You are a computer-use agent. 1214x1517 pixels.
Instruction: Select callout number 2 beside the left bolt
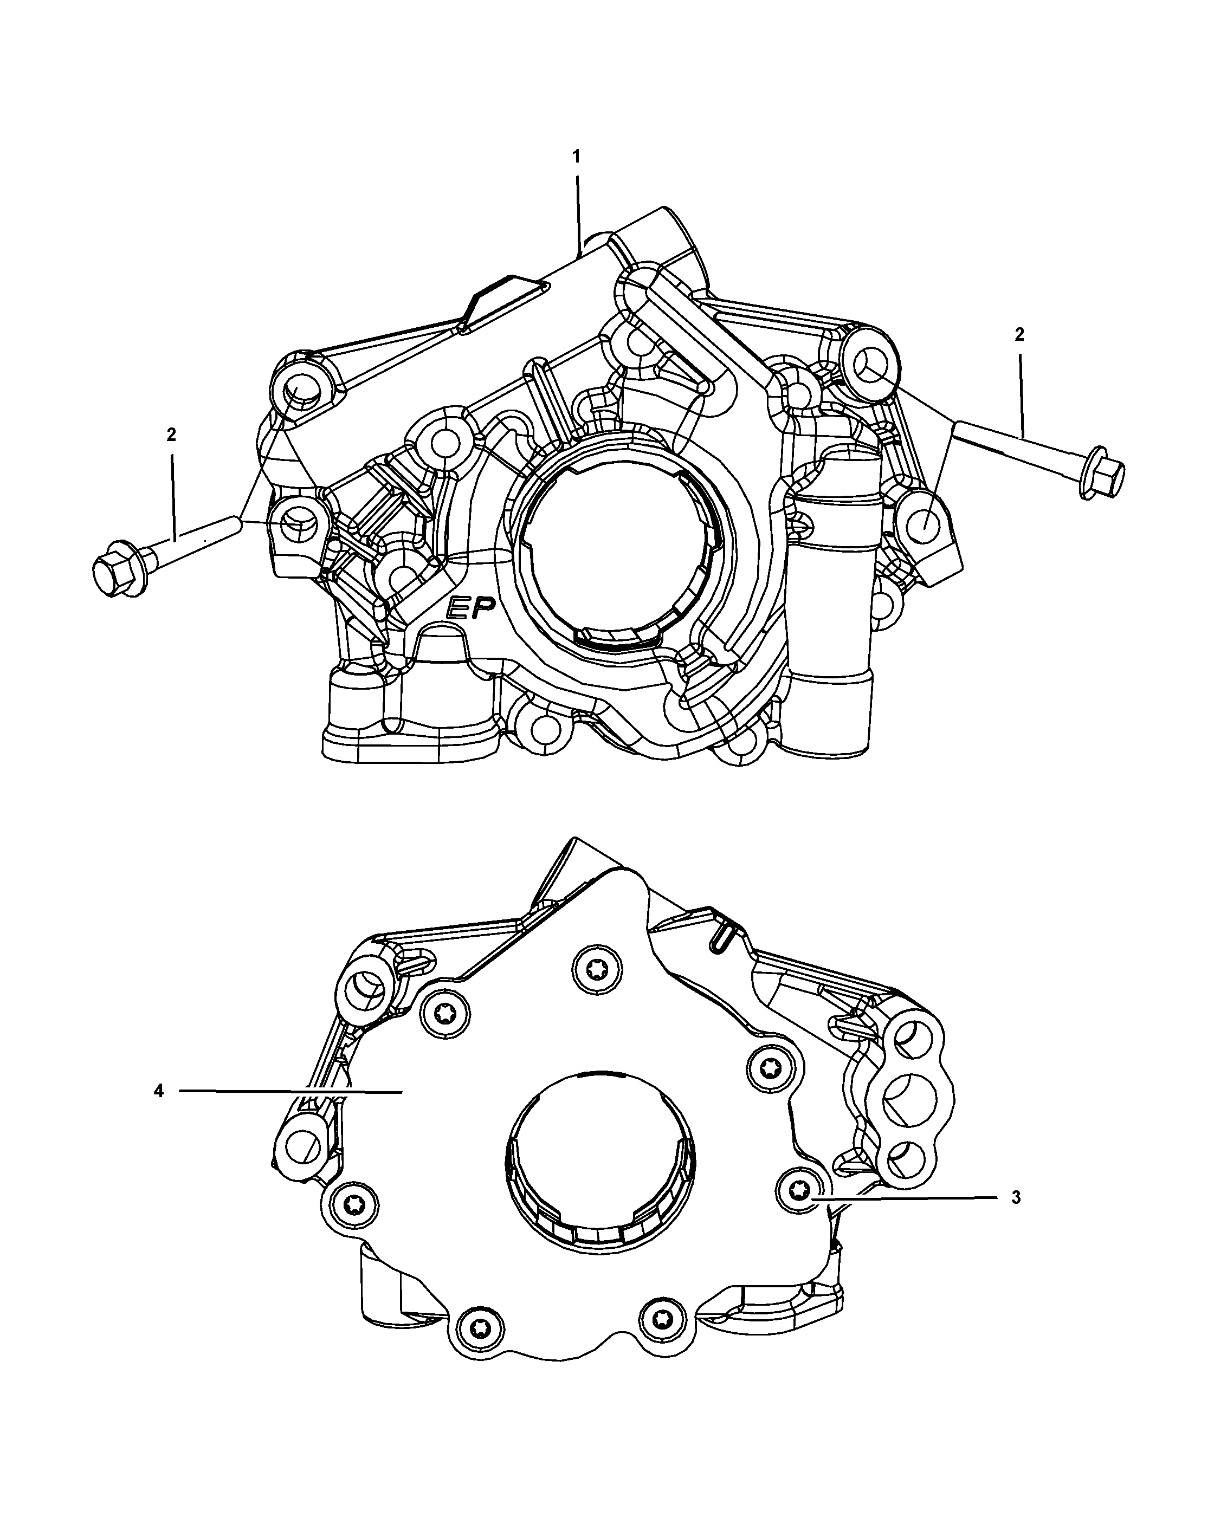click(171, 435)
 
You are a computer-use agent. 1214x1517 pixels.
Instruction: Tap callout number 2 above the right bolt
click(1019, 335)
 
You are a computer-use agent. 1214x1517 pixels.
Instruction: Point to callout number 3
click(1016, 1197)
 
